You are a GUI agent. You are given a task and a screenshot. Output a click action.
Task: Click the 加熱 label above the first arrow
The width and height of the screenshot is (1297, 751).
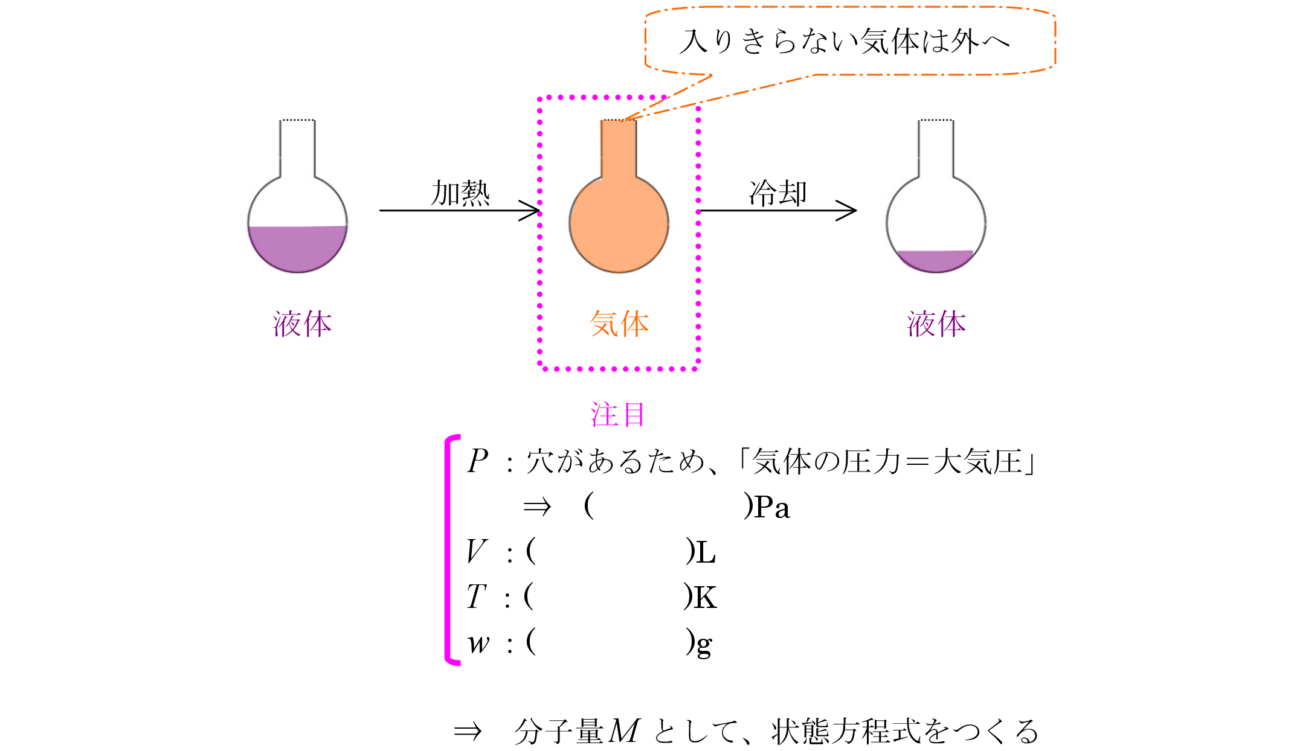click(460, 193)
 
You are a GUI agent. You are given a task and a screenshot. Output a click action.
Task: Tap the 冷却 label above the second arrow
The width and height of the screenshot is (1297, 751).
click(777, 193)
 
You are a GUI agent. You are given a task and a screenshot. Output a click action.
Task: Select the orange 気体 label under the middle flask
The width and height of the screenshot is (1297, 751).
click(619, 324)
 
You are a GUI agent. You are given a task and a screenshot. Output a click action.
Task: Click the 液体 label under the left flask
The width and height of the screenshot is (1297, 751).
click(302, 324)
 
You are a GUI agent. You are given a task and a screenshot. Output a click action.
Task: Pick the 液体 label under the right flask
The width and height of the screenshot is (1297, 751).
click(936, 324)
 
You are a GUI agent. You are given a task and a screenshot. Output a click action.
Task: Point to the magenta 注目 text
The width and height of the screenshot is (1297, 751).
click(618, 415)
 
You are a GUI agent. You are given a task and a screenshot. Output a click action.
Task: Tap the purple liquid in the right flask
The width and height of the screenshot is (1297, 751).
click(936, 260)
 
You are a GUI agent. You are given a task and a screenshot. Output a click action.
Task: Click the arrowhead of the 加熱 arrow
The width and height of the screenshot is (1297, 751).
click(532, 211)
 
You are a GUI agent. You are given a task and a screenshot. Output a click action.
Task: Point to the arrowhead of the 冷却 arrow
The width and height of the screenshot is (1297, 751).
click(848, 211)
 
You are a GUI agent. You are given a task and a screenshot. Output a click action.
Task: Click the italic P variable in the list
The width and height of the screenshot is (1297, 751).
click(477, 462)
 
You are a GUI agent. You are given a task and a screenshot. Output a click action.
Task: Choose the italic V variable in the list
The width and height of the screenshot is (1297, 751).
click(476, 551)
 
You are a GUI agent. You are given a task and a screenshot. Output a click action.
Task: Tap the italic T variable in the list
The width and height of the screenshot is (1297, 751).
click(476, 597)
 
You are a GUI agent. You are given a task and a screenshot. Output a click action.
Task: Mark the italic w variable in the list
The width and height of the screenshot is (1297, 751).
click(478, 644)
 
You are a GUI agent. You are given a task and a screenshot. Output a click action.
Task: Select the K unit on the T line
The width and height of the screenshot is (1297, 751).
click(705, 598)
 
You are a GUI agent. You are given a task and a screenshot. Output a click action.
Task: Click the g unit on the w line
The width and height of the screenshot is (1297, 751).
click(704, 645)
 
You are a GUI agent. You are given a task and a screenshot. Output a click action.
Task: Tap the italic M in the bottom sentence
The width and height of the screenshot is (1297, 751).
click(624, 731)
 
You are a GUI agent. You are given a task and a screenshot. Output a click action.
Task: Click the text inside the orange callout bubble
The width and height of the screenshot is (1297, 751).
click(844, 42)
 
